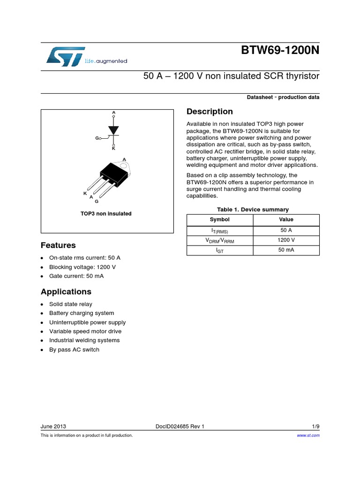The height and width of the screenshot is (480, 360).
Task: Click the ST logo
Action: [66, 56]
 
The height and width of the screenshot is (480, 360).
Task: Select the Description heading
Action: [210, 112]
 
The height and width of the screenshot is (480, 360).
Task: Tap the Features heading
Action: [58, 245]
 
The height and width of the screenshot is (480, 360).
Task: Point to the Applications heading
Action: [66, 292]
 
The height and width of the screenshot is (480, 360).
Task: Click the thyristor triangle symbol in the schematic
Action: [113, 130]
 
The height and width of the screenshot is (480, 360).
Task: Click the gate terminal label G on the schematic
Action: [97, 138]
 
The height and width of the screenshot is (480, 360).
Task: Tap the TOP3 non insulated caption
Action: [106, 214]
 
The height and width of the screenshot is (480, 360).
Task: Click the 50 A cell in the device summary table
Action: [286, 230]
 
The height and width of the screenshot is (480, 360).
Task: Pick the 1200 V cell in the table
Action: [286, 240]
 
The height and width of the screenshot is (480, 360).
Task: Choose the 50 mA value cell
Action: [286, 250]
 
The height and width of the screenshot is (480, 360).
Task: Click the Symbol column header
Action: [220, 219]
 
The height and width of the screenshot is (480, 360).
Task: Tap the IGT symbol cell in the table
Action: [220, 251]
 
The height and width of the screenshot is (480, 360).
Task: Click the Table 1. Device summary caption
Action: [253, 210]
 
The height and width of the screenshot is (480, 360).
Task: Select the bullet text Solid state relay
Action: [71, 304]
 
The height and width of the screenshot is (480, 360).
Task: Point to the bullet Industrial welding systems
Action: [84, 340]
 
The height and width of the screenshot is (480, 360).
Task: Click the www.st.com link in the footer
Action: [308, 435]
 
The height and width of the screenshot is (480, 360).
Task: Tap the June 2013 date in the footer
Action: [53, 427]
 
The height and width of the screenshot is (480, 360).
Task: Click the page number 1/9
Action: [315, 427]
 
